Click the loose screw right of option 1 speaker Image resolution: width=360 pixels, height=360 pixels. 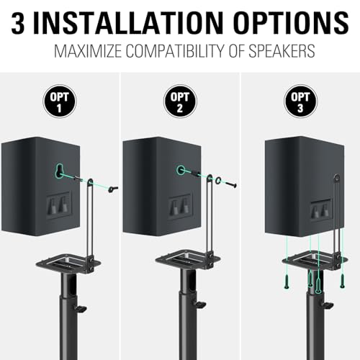tap(112, 189)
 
